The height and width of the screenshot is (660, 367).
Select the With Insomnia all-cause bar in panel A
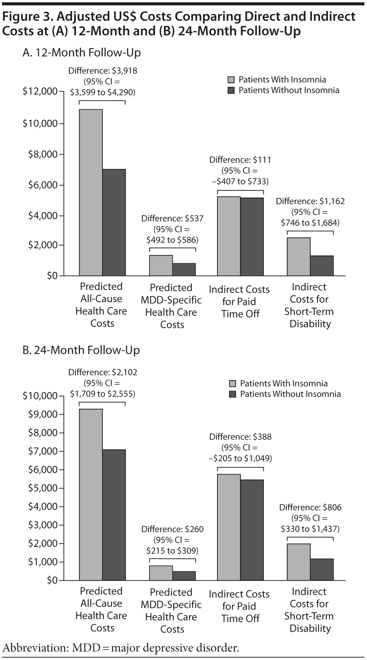91,192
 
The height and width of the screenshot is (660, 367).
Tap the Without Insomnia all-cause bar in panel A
114,222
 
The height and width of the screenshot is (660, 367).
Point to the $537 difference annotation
172,218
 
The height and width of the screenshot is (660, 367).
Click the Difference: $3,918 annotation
102,71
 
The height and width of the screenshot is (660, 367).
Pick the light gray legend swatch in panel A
231,80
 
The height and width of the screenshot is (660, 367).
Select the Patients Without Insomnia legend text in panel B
290,394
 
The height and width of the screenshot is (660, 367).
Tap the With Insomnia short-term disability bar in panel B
298,562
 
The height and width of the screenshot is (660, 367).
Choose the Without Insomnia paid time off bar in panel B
252,530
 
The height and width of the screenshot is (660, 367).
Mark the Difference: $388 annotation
240,437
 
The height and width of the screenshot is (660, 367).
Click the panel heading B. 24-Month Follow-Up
81,350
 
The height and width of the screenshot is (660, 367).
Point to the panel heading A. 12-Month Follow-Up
81,53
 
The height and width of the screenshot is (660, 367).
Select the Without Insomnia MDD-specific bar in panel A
184,269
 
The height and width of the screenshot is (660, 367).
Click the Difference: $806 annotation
310,507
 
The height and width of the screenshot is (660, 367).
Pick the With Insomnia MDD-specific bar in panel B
161,573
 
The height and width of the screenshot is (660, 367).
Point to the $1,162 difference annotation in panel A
310,201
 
